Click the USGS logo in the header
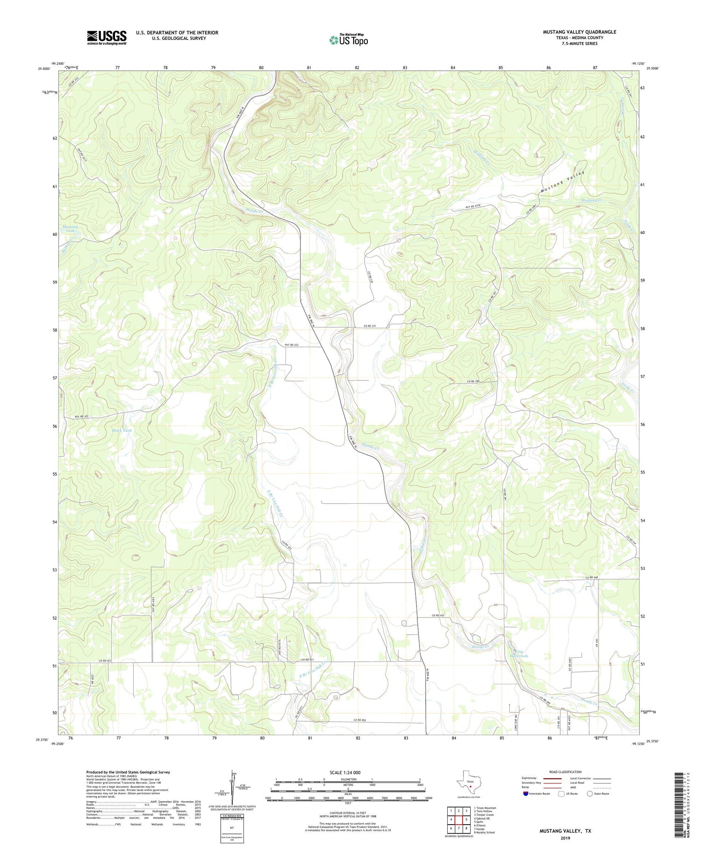pyautogui.click(x=107, y=37)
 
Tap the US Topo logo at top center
pyautogui.click(x=348, y=40)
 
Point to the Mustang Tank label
pyautogui.click(x=71, y=229)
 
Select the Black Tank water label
pyautogui.click(x=122, y=430)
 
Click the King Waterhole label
pyautogui.click(x=519, y=654)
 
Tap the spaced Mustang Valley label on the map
pyautogui.click(x=563, y=182)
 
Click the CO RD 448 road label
pyautogui.click(x=591, y=578)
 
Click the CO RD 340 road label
pyautogui.click(x=473, y=382)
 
